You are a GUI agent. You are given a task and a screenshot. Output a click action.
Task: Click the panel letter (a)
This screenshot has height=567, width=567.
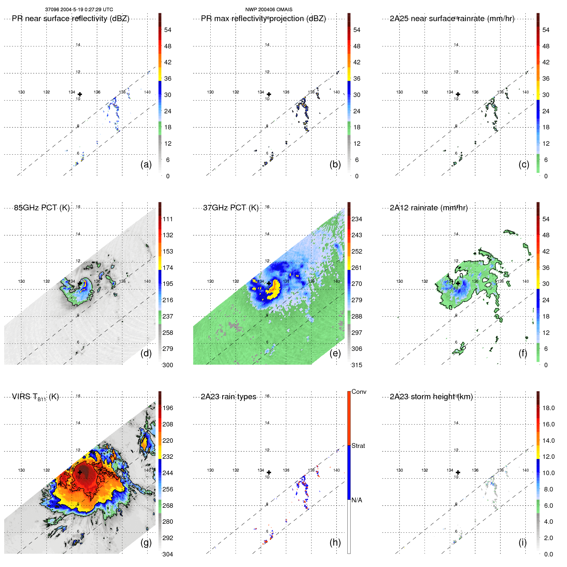(x=146, y=164)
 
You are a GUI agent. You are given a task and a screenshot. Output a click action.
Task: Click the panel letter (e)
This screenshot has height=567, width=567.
(x=335, y=353)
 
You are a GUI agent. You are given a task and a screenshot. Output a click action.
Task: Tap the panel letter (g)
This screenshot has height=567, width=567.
(x=146, y=542)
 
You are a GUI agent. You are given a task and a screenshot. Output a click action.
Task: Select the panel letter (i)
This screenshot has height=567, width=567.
(x=522, y=542)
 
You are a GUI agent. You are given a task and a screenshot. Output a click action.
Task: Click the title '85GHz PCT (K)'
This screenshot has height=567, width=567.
(x=42, y=207)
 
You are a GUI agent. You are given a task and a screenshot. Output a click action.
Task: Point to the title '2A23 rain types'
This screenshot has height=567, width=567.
(x=228, y=397)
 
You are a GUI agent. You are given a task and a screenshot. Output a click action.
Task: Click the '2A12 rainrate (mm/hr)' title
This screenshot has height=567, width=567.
(x=428, y=207)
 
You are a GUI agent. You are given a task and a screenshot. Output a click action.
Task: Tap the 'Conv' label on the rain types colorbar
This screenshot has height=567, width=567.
(x=359, y=392)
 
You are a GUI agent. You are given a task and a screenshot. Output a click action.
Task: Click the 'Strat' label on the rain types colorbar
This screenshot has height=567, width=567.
(x=358, y=446)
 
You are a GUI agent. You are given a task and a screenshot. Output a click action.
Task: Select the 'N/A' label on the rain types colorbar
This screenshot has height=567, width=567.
(x=357, y=500)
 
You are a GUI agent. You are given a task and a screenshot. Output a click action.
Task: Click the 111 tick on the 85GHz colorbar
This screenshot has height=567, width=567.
(x=168, y=219)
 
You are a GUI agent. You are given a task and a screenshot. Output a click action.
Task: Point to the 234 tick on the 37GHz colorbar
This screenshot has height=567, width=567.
(x=357, y=219)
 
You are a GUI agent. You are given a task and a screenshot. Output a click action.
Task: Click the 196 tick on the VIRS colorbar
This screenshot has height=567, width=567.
(x=168, y=408)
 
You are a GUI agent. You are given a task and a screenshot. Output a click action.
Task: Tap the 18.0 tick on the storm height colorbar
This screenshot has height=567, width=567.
(x=548, y=408)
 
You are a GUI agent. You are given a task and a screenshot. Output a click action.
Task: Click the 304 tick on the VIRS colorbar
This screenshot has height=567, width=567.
(x=168, y=554)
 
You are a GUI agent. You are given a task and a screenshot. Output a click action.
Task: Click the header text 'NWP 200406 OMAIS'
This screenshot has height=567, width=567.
(x=269, y=10)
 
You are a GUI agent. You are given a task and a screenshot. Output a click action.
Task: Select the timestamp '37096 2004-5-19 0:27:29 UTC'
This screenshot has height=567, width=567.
(x=79, y=10)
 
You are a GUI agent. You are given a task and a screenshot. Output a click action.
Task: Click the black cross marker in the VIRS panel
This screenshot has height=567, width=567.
(x=80, y=472)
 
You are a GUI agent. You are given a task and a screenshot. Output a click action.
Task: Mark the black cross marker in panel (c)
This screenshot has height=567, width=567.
(x=458, y=94)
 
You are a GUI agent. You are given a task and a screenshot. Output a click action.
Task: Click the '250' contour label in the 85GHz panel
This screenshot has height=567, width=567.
(x=91, y=295)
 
